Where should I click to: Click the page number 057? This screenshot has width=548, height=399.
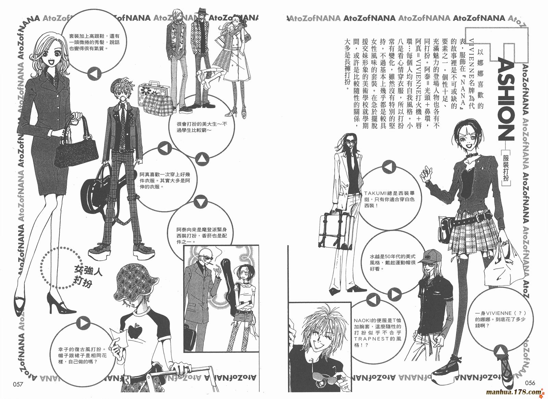17,384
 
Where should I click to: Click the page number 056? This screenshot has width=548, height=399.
530,383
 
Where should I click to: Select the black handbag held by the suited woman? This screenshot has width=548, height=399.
75,144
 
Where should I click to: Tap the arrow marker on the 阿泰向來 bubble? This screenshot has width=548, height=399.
201,203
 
